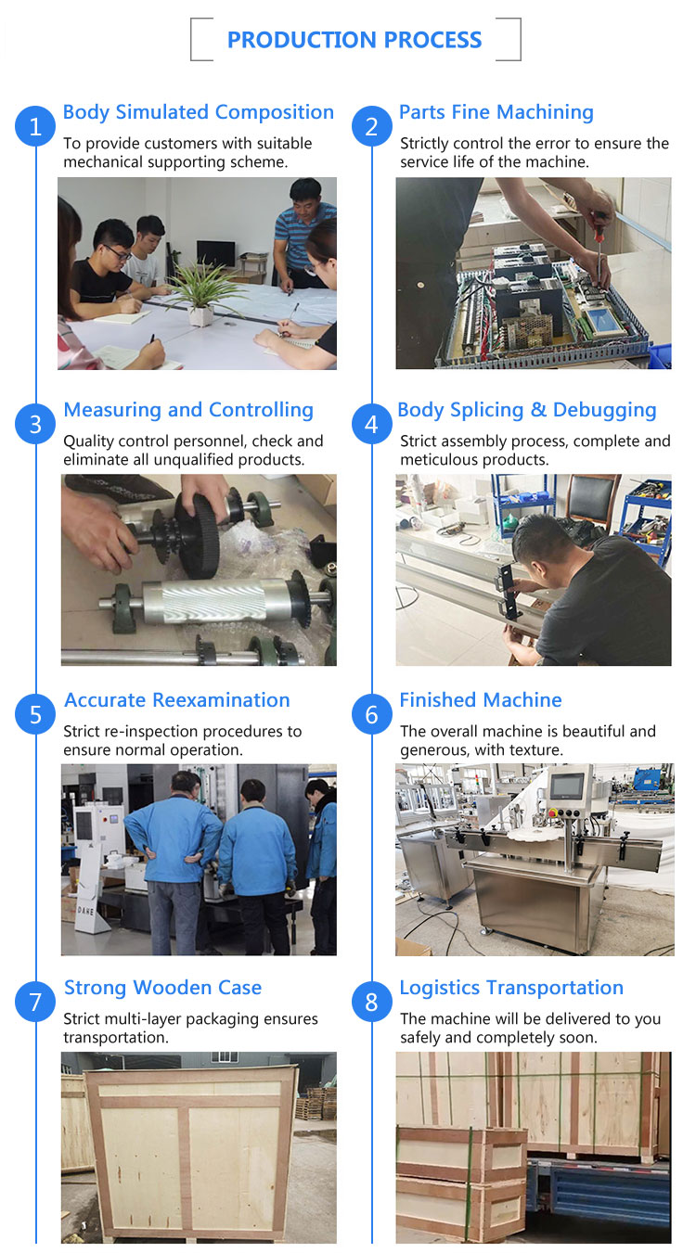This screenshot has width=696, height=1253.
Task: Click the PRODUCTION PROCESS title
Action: click(x=354, y=40)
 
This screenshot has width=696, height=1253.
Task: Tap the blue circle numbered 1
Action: click(x=35, y=126)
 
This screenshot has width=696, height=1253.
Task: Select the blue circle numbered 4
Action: click(x=371, y=424)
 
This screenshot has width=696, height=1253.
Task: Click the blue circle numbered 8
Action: click(x=371, y=1002)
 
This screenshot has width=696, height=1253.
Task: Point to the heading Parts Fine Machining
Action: click(x=496, y=112)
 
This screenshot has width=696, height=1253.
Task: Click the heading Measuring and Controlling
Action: click(x=188, y=410)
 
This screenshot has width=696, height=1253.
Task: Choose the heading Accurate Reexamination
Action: click(x=177, y=700)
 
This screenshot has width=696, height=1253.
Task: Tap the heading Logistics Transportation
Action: click(x=511, y=988)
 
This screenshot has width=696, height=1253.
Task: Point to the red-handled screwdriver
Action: click(x=599, y=246)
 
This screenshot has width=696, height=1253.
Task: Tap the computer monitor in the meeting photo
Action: click(x=216, y=254)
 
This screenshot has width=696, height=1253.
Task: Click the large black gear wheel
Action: click(x=197, y=536)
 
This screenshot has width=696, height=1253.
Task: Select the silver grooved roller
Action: click(x=213, y=602)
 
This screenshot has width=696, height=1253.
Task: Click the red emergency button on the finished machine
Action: click(x=554, y=812)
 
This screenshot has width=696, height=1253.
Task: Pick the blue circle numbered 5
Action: click(x=35, y=714)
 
